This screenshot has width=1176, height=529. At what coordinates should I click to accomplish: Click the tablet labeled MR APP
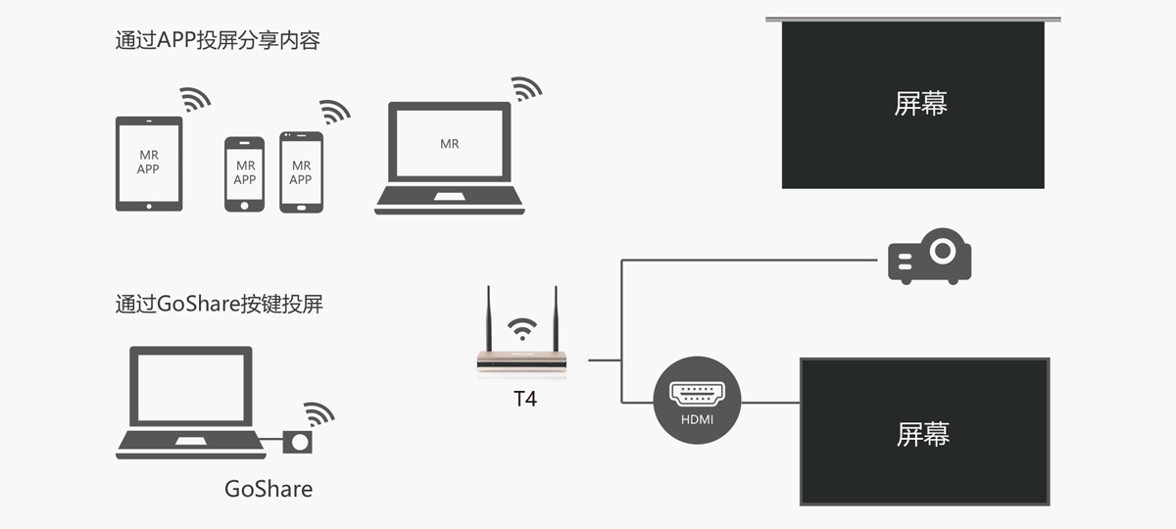point(149,163)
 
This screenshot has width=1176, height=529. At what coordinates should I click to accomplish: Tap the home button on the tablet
point(149,206)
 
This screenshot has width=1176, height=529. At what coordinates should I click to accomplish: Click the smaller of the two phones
point(244,173)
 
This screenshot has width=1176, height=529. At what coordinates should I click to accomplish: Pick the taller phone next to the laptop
point(301,171)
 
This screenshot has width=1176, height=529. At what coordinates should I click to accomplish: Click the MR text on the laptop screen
point(450,144)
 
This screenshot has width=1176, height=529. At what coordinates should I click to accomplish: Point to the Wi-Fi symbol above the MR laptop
point(527,89)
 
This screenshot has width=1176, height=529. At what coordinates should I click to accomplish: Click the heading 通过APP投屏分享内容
point(218,41)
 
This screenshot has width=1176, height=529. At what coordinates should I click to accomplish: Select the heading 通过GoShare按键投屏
point(219,304)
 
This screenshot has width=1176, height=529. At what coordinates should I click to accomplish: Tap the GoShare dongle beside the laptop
point(298,442)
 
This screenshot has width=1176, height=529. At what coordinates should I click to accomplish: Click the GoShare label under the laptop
point(269,488)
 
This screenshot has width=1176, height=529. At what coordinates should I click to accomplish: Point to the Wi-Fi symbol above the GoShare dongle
point(318,413)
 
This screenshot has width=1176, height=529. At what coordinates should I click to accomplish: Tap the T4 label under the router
point(525,399)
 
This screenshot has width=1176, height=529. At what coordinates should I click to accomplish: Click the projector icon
point(929,256)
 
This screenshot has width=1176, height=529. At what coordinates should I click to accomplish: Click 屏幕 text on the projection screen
point(921,103)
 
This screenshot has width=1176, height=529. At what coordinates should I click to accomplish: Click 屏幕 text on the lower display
point(923,434)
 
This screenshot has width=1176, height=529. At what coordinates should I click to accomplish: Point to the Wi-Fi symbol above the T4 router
point(522,327)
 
